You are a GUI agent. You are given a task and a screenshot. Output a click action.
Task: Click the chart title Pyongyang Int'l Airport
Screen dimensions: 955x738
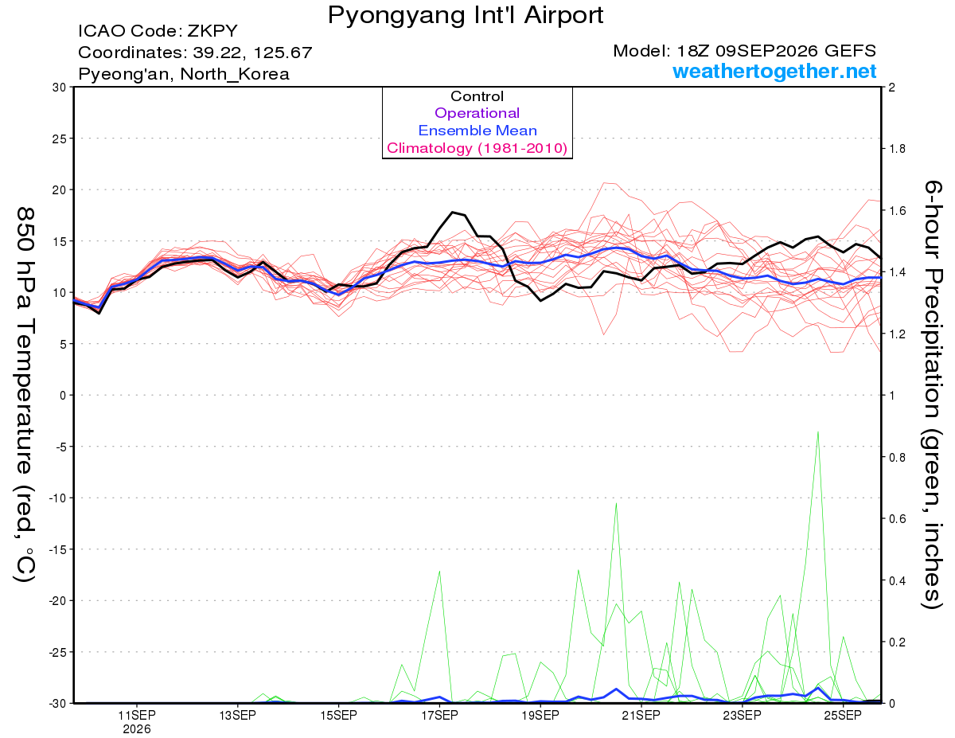466,15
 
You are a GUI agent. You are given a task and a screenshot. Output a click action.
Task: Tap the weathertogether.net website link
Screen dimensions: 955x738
774,71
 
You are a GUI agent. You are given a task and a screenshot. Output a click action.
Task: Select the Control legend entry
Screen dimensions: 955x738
477,96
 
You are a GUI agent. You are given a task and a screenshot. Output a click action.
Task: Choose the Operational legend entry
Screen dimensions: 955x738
477,113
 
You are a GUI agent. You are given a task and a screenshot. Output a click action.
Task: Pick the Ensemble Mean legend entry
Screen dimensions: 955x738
477,131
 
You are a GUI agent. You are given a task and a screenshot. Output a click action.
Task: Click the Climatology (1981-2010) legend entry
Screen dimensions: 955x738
477,148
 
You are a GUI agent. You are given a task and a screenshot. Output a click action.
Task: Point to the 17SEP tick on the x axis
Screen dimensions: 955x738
439,716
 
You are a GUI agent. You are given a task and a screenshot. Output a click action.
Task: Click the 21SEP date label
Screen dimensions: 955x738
641,716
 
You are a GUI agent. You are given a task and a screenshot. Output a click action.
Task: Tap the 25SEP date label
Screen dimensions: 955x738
843,716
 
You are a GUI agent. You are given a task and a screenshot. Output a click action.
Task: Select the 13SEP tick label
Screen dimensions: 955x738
238,716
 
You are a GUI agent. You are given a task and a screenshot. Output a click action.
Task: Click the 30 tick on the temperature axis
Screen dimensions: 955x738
60,88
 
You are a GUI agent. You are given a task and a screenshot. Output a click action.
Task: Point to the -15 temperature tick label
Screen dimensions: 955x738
57,549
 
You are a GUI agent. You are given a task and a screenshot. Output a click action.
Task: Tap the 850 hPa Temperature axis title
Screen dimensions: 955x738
25,395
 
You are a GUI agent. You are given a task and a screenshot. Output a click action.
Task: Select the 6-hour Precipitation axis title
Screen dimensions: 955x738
933,395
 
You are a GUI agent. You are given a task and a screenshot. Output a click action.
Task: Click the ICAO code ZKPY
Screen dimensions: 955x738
212,31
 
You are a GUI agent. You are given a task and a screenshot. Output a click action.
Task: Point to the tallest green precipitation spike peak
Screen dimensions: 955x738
818,432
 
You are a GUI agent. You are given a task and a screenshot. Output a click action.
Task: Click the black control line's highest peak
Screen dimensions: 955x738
453,212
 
